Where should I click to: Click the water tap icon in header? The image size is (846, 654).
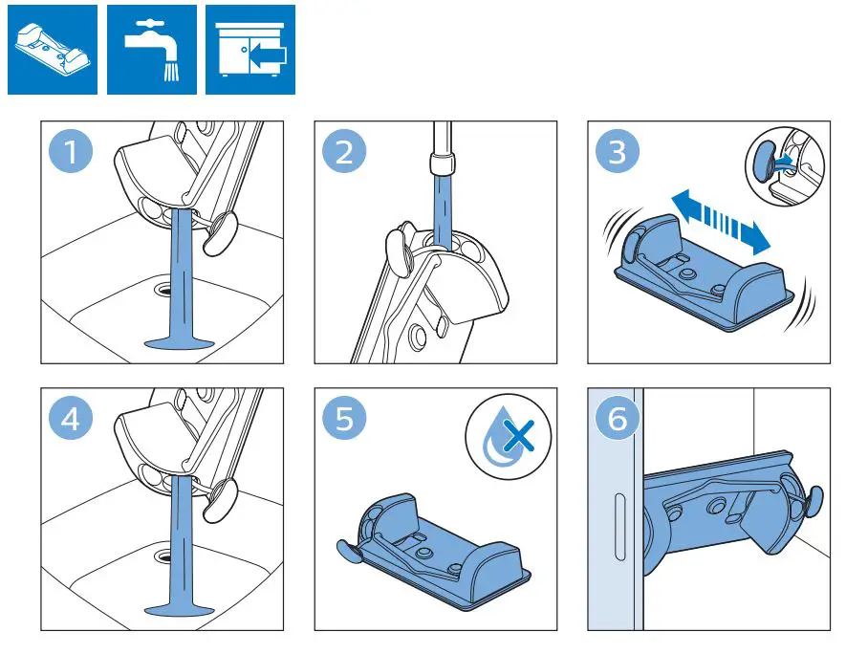(x=151, y=50)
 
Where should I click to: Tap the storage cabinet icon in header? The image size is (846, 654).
(x=250, y=50)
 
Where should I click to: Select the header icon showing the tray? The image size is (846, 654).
(x=52, y=50)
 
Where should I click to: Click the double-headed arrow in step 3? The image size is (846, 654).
(x=719, y=221)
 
